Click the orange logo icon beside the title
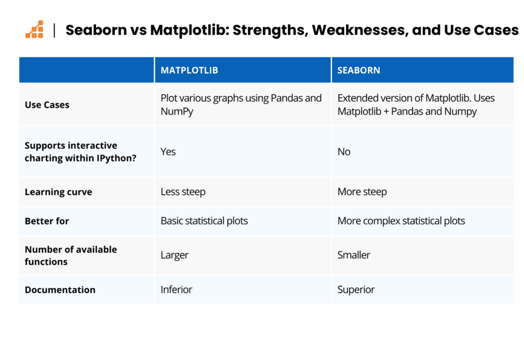click(x=34, y=29)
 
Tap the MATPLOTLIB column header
click(x=189, y=70)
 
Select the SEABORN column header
click(x=359, y=70)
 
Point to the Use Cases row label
click(x=47, y=105)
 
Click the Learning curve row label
click(x=58, y=192)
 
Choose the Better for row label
click(x=47, y=221)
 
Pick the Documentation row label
click(x=60, y=290)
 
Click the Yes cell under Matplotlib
click(x=168, y=151)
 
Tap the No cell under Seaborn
click(x=344, y=151)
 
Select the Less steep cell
click(x=183, y=192)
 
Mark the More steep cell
click(x=362, y=192)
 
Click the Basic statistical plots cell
click(x=204, y=221)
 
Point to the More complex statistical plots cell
click(x=401, y=221)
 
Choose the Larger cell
click(x=174, y=255)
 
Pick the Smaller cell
click(x=354, y=255)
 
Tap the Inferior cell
click(x=177, y=289)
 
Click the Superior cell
click(x=356, y=289)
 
